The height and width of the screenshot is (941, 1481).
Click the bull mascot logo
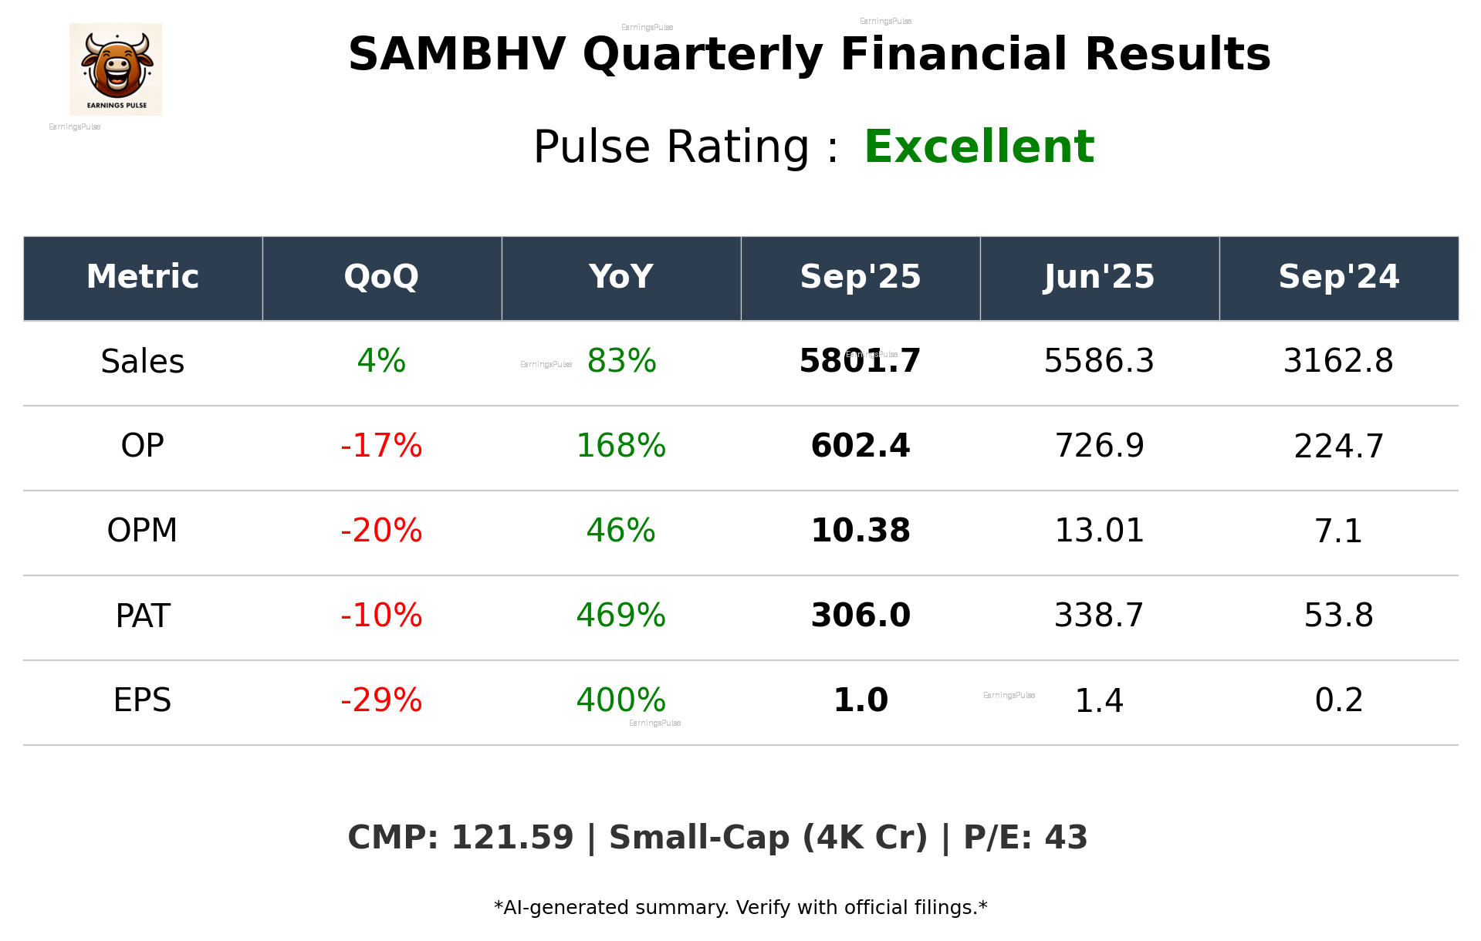116,69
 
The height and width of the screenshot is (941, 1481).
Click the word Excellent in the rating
979,147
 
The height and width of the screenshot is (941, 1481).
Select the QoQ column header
381,277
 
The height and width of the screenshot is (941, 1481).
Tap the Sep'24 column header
1338,277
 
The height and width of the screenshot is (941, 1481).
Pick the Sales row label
143,362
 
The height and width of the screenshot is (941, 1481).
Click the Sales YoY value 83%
621,361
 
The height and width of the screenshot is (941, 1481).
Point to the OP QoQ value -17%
381,446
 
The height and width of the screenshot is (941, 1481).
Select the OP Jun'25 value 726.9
1099,446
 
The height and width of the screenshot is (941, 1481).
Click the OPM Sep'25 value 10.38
861,531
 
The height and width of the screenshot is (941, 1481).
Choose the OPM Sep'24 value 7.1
1338,531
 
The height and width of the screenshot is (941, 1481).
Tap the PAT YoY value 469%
620,616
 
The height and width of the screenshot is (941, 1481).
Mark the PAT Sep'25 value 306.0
861,616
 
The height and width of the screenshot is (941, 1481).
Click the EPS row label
143,700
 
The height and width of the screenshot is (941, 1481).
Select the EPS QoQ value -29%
381,700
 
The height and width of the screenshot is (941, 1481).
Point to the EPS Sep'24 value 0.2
1338,700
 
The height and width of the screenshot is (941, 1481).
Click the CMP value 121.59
512,838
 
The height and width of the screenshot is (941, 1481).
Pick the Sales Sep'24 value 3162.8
1338,361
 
